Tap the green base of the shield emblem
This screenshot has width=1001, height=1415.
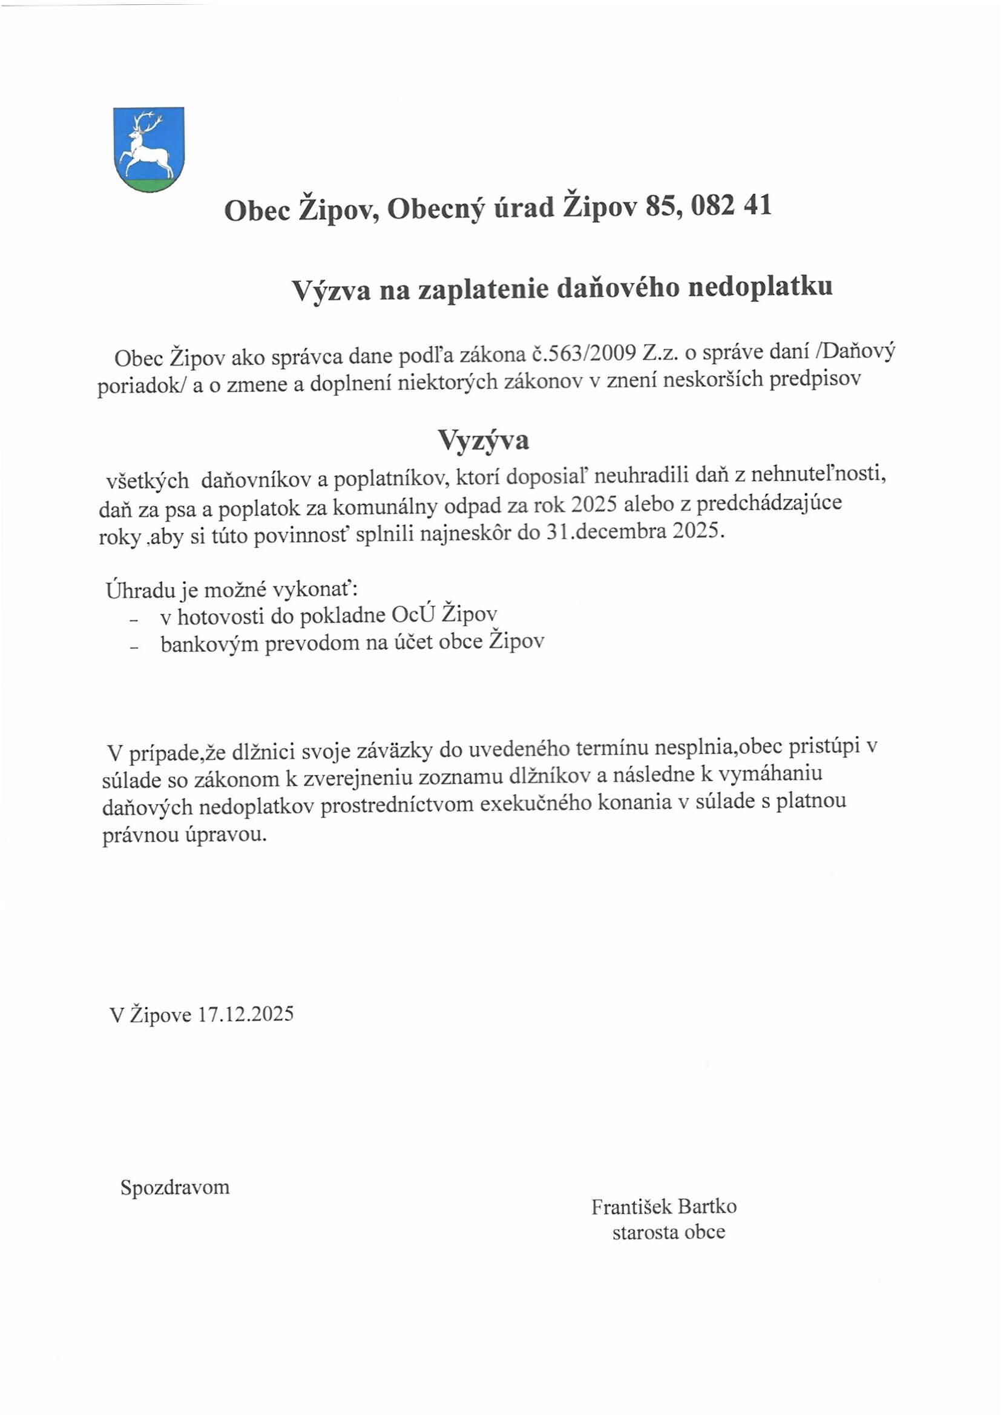coord(148,184)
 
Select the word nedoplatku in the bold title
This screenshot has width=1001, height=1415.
coord(760,288)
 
